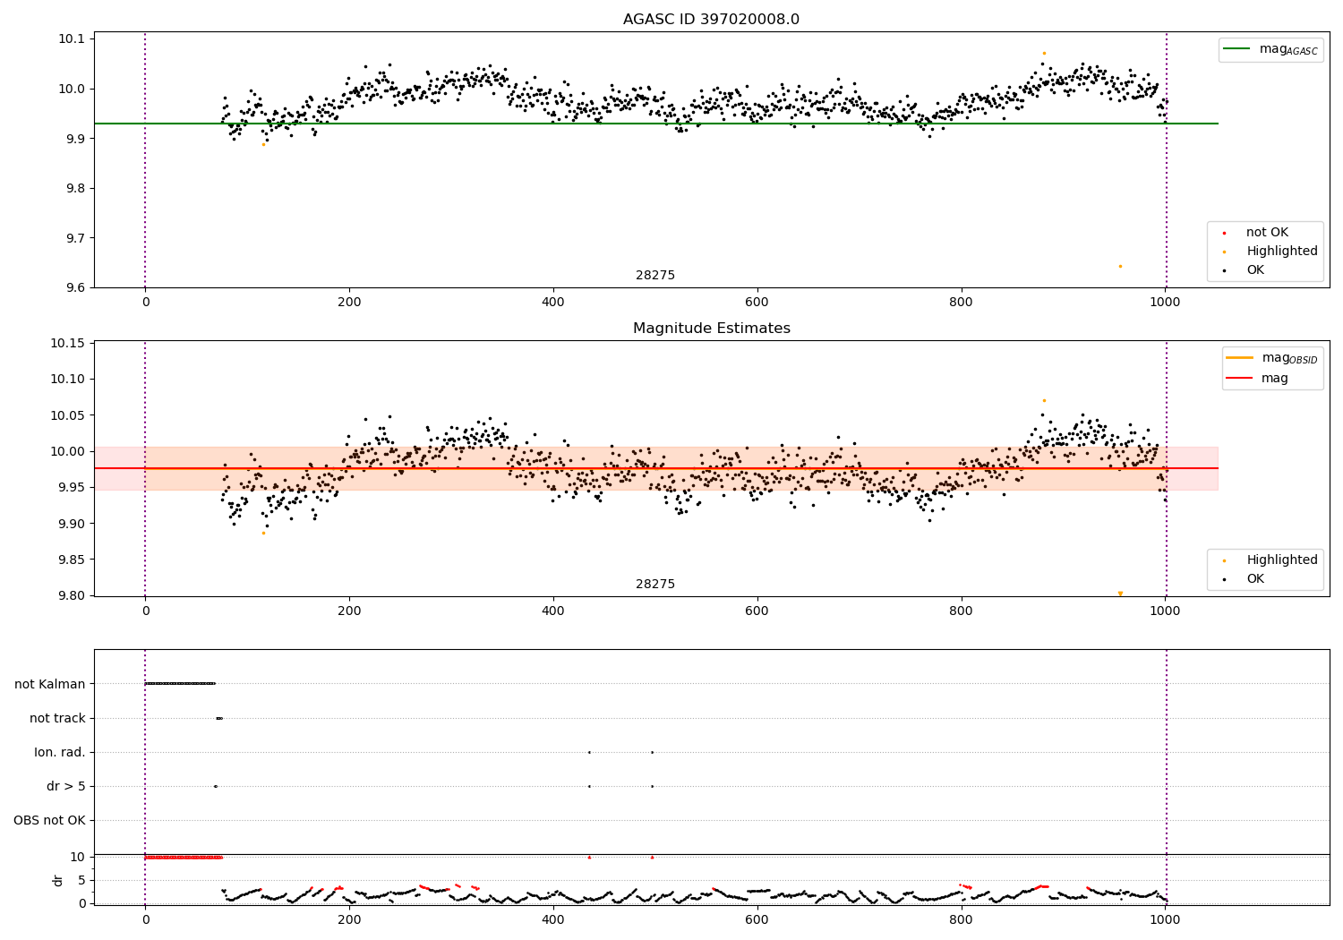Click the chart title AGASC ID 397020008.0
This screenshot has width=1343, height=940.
coord(711,20)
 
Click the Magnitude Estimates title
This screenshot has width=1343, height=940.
coord(711,329)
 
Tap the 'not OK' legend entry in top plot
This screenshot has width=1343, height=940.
coord(1267,233)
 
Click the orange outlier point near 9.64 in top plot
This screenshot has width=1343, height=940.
coord(1120,266)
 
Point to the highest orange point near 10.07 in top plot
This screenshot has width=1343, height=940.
coord(1044,53)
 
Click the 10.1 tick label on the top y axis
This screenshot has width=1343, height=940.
coord(72,38)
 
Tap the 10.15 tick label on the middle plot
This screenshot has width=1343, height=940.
coord(68,344)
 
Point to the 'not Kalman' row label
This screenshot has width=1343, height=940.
coord(50,684)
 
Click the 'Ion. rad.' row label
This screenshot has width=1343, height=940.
coord(60,752)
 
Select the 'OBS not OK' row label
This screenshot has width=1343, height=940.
coord(49,820)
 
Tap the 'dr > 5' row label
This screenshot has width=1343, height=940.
coord(66,786)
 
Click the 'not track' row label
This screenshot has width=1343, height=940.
coord(57,718)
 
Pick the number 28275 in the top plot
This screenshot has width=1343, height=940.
coord(655,276)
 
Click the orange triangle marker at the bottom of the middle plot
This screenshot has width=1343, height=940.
coord(1120,594)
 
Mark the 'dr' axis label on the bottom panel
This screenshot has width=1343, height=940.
coord(58,880)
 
